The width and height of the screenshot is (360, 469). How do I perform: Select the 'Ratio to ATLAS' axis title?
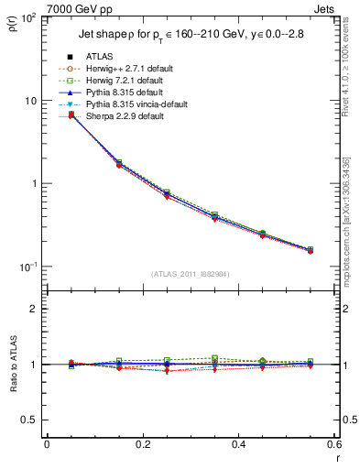(x=12, y=364)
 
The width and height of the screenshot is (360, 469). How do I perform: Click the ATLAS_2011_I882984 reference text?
(x=190, y=274)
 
